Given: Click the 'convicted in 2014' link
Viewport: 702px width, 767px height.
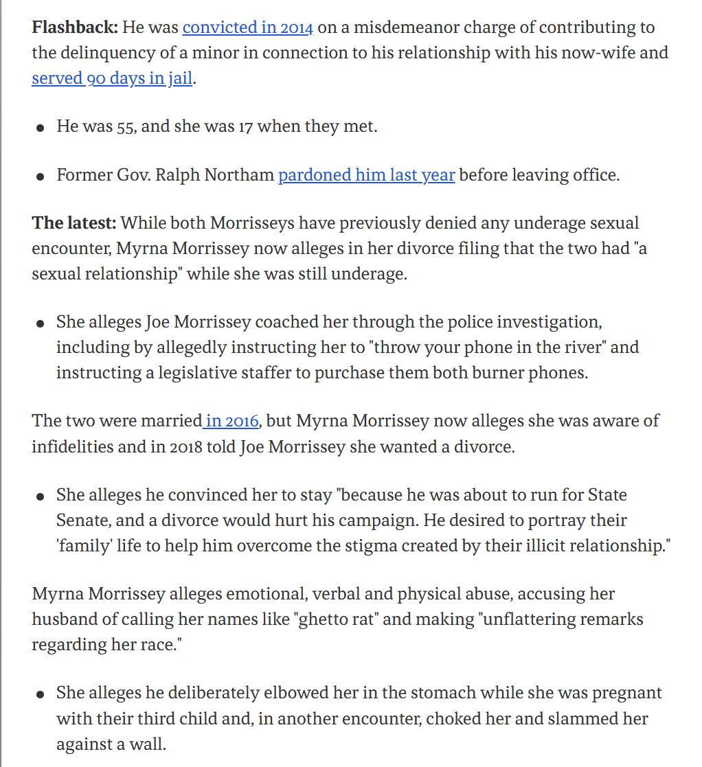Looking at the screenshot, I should pyautogui.click(x=248, y=28).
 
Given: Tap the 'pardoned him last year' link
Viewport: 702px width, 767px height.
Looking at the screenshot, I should pyautogui.click(x=366, y=175).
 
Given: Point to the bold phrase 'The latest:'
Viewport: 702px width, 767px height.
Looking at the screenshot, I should pyautogui.click(x=74, y=223).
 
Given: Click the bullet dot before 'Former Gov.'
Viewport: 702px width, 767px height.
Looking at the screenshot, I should pyautogui.click(x=42, y=176).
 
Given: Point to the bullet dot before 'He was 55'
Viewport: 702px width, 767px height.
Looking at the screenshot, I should pyautogui.click(x=42, y=128).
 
